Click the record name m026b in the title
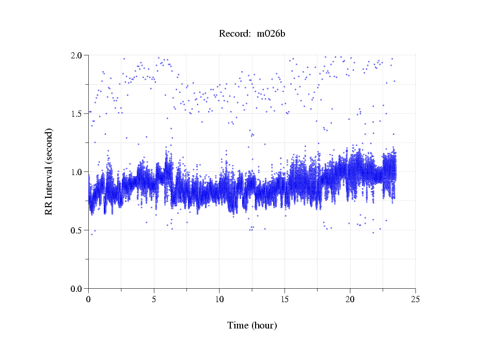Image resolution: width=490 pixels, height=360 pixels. [x=271, y=34]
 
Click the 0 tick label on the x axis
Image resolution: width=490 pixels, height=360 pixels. [x=89, y=299]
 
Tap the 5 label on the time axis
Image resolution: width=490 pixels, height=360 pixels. [x=154, y=299]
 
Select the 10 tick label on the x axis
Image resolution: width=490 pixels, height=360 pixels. [x=219, y=299]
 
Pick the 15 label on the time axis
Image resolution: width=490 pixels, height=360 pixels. [x=284, y=299]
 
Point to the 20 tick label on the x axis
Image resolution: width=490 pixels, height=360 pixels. [x=350, y=299]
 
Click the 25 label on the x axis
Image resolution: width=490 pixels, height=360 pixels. [x=415, y=299]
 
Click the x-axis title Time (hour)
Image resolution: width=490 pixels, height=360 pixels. [x=252, y=325]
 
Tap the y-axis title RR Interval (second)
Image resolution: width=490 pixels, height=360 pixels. [x=49, y=171]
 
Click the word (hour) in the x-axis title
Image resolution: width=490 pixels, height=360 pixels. [x=264, y=325]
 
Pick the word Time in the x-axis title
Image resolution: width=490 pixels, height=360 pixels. [x=238, y=325]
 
